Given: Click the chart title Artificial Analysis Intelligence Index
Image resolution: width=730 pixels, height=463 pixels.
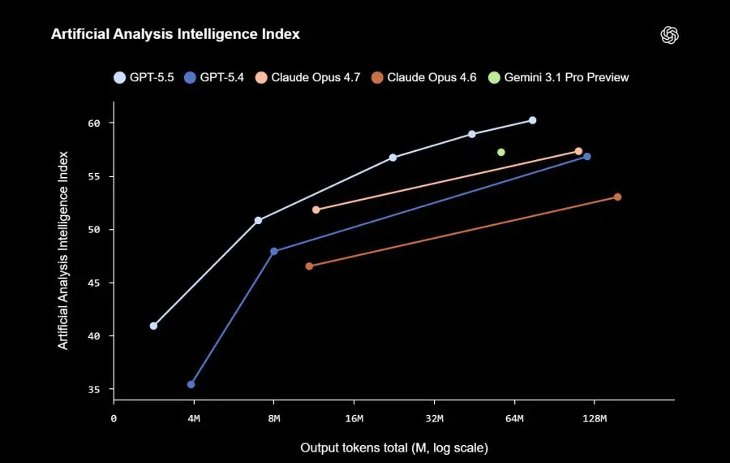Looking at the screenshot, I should [x=175, y=34].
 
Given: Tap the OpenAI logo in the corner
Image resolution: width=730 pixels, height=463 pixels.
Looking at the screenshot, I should [x=669, y=35].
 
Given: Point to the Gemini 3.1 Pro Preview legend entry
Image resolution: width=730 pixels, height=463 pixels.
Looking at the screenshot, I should [x=559, y=77].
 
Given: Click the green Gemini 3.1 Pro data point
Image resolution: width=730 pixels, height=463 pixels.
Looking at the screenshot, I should [x=501, y=152].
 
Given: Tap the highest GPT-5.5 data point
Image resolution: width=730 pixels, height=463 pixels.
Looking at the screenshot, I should [x=532, y=120].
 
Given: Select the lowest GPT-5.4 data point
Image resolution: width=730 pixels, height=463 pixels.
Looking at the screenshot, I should [x=191, y=384].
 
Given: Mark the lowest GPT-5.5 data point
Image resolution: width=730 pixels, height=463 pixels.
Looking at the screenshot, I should [x=153, y=326].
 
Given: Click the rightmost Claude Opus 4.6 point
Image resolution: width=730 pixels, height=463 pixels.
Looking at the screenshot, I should [x=617, y=197].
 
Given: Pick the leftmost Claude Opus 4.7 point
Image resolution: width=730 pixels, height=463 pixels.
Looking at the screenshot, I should [x=316, y=210].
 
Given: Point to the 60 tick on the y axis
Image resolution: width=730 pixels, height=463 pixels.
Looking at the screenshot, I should [x=94, y=123].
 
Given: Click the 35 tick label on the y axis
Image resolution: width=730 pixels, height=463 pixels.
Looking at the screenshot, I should [x=94, y=389].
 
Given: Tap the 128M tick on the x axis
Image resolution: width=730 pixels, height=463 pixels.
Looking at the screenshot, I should [x=594, y=418].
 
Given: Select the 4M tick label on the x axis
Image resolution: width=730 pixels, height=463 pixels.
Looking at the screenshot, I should [x=193, y=418].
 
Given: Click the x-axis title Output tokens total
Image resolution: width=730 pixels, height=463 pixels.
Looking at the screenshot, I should [x=393, y=448].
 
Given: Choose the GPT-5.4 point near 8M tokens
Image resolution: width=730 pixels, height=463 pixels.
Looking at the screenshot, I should [x=274, y=251].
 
